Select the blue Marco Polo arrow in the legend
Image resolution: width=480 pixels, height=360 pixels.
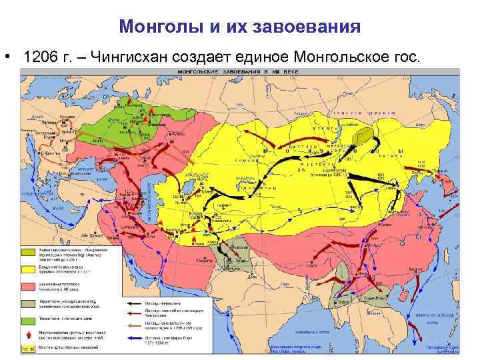coord(136,340)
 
